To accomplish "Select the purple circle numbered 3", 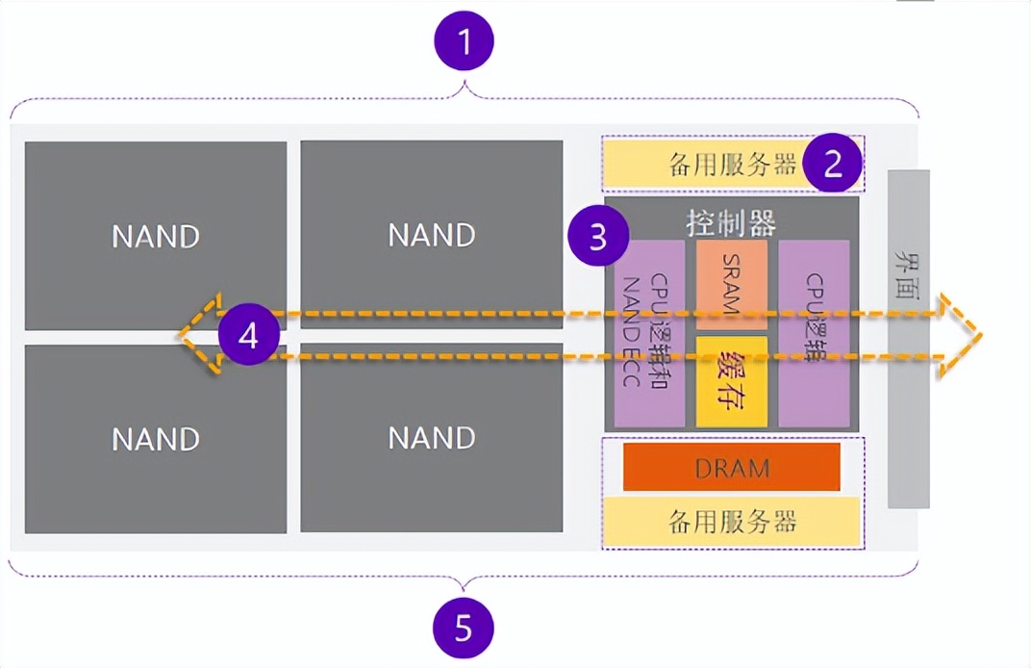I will point(598,236).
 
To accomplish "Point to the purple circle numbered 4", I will point(248,336).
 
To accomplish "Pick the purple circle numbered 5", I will point(465,629).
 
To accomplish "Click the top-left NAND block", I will point(156,235).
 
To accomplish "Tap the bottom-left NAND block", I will point(156,439).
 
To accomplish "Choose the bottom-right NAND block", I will point(432,438).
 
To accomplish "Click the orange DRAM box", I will point(732,468).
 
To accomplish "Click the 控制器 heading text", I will point(732,221).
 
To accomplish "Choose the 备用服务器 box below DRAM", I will point(732,522).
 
